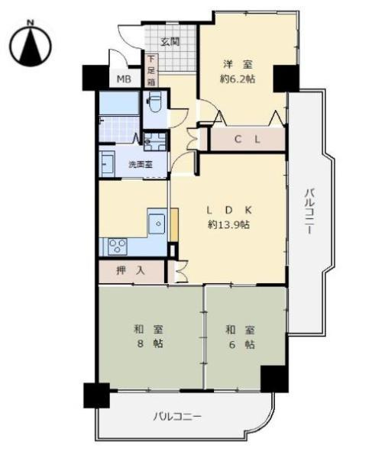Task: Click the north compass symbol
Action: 31,44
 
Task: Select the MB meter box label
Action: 123,78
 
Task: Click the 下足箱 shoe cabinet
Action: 151,69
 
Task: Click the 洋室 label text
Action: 236,64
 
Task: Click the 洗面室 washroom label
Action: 140,164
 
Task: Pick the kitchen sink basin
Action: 157,224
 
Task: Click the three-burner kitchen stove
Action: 118,246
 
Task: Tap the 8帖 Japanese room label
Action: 150,336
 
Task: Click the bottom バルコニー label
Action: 177,417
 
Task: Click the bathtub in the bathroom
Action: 118,103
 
